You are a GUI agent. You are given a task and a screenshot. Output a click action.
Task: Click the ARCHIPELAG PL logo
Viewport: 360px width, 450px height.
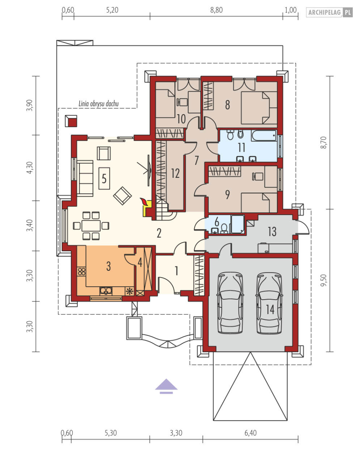click(329, 12)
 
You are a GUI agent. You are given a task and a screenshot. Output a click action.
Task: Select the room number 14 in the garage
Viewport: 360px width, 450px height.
click(270, 310)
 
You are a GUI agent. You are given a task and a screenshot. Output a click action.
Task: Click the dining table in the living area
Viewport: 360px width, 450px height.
click(91, 226)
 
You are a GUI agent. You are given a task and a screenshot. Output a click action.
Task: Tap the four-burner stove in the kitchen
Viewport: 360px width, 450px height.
click(81, 271)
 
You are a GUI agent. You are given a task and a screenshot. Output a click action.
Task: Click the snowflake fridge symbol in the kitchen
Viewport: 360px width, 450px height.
click(130, 291)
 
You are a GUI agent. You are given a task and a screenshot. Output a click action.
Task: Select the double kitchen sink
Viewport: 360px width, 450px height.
click(106, 291)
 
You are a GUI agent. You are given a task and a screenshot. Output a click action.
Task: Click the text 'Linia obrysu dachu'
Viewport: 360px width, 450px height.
click(98, 104)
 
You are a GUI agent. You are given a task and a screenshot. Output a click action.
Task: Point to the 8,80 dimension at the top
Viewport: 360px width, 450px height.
click(216, 10)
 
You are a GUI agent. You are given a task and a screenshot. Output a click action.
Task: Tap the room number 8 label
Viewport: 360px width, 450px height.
click(228, 105)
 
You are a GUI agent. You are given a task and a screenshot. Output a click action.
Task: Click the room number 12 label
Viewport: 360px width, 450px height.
click(175, 173)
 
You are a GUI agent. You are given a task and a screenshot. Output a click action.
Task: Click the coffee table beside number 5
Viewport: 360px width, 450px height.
click(104, 178)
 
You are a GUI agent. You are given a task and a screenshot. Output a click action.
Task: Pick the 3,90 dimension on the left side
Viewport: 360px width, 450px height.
click(30, 106)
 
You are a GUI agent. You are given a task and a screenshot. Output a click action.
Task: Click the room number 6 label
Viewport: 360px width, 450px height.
click(217, 222)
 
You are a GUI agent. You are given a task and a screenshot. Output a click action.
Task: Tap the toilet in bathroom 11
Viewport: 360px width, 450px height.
click(230, 135)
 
